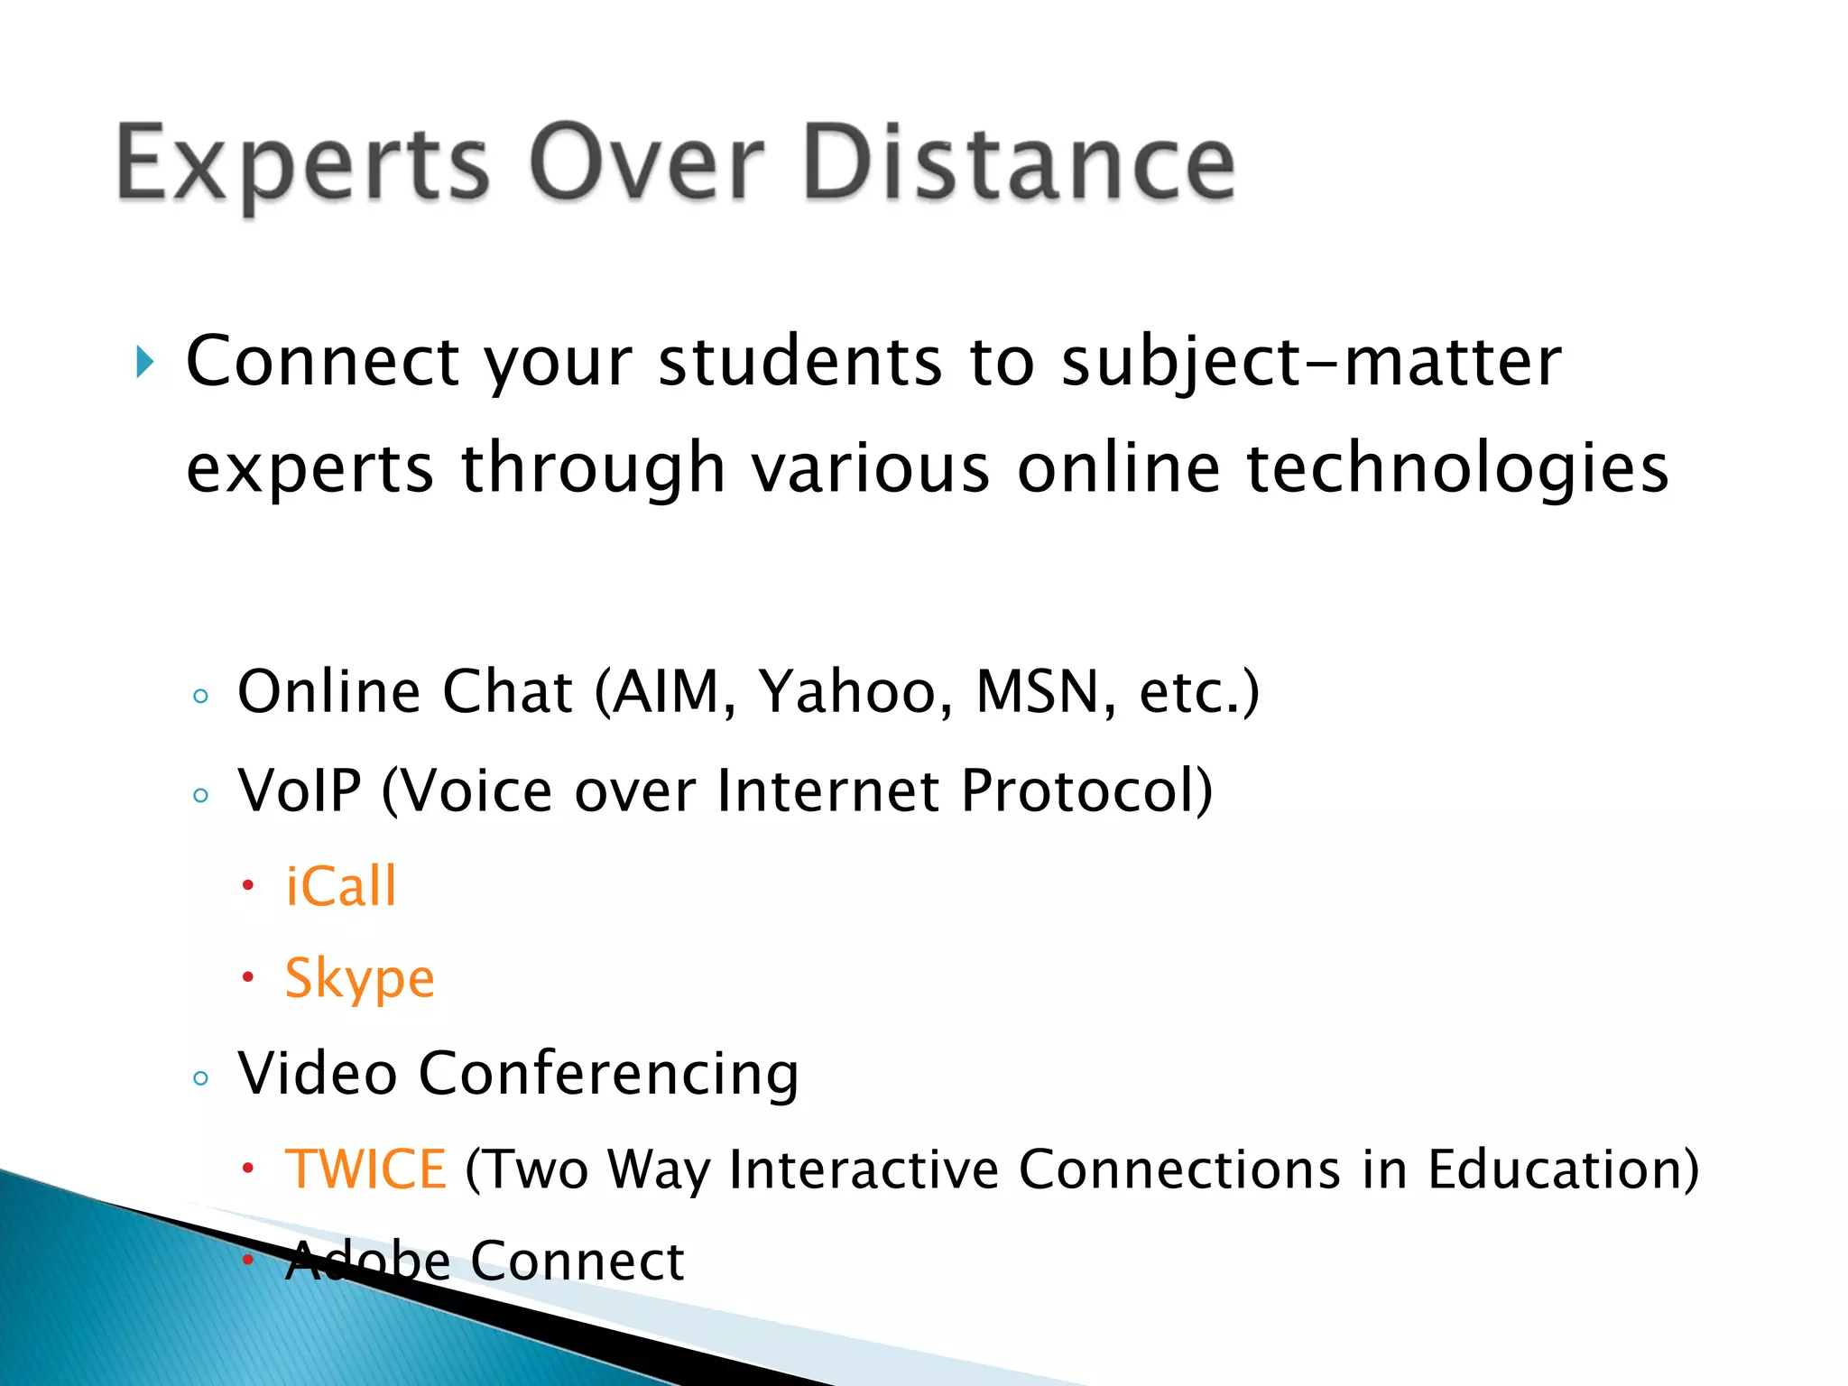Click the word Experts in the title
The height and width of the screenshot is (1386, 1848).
coord(302,165)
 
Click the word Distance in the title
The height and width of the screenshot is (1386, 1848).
coord(1018,163)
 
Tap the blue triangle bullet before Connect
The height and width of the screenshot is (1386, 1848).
coord(145,363)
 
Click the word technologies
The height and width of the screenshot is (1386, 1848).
coord(1457,468)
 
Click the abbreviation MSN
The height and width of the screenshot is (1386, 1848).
coord(1046,692)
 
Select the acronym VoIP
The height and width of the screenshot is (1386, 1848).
coord(300,791)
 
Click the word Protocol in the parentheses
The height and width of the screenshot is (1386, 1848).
coord(1078,791)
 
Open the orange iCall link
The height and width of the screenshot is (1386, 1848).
coord(341,886)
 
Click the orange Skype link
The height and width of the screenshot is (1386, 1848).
coord(359,979)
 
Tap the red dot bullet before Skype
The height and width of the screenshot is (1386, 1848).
coord(248,978)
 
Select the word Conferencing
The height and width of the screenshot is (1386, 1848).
coord(608,1075)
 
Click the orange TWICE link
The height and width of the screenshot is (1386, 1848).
coord(365,1169)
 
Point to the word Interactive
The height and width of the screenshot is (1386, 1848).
coord(864,1169)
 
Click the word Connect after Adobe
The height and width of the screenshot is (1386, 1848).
coord(577,1261)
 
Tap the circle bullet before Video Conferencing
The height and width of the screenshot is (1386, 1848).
coord(200,1078)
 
